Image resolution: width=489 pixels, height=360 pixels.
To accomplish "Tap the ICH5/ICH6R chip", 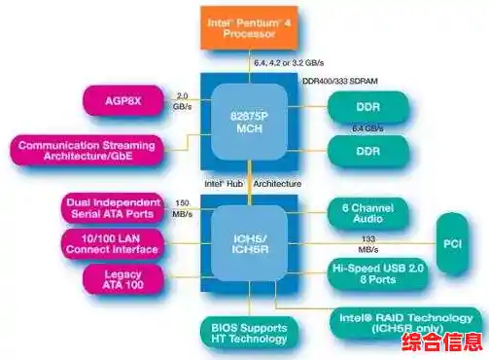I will point(249,239).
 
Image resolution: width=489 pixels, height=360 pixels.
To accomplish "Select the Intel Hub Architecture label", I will point(251,183).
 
